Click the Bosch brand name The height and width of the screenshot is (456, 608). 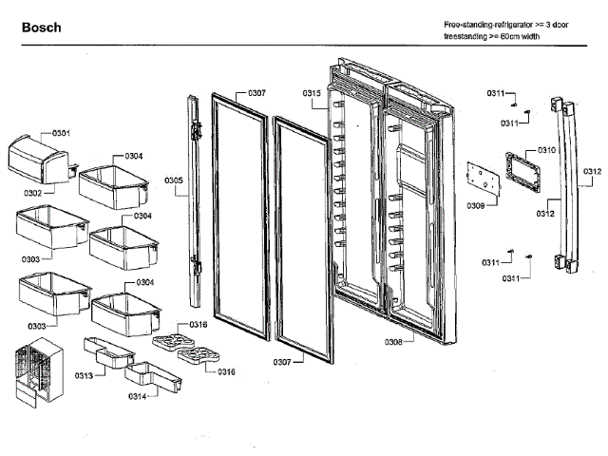pyautogui.click(x=41, y=28)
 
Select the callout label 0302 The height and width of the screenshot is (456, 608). pyautogui.click(x=33, y=192)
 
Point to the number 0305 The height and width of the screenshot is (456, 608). pyautogui.click(x=173, y=180)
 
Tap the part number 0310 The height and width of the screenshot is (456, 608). pyautogui.click(x=547, y=151)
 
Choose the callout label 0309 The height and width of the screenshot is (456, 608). pyautogui.click(x=476, y=205)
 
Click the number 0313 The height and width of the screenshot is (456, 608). pyautogui.click(x=84, y=376)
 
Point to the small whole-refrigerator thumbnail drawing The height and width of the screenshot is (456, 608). pyautogui.click(x=34, y=376)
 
